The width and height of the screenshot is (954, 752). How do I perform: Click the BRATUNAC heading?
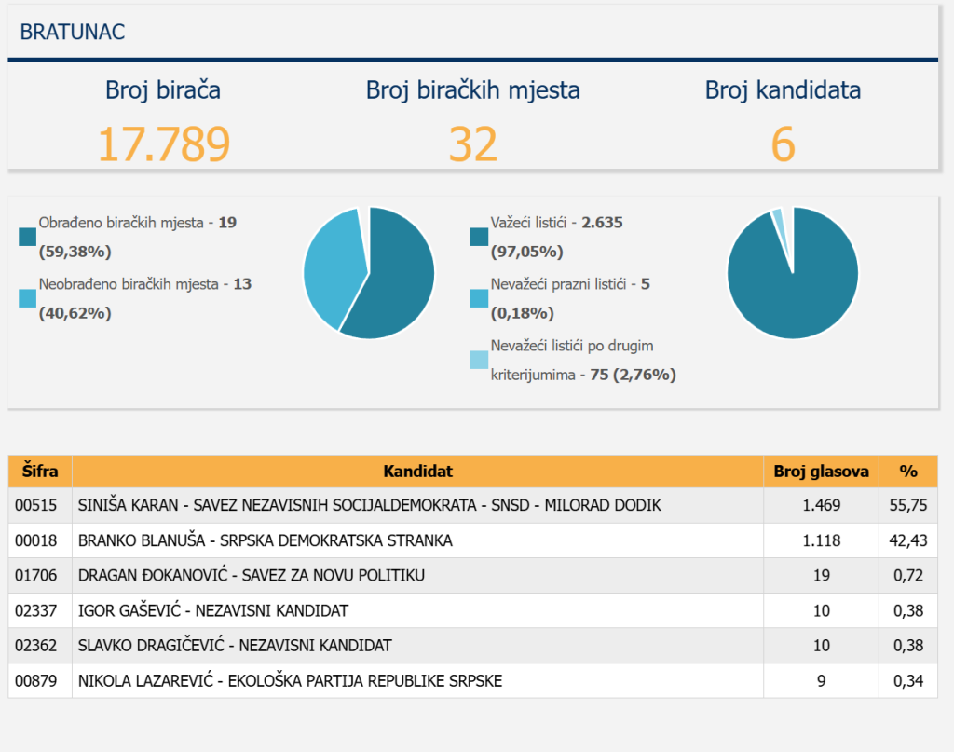(73, 33)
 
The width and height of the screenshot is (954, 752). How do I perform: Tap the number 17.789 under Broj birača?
(163, 144)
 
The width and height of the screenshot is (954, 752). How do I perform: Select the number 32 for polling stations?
(472, 144)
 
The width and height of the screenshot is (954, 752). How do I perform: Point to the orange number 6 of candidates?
(783, 144)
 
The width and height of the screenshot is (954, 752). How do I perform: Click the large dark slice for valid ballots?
(792, 289)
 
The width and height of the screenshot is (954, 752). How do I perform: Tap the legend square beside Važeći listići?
(479, 238)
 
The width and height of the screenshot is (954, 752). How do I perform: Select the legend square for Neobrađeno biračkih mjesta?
(27, 298)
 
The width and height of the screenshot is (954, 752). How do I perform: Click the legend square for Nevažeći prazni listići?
(479, 298)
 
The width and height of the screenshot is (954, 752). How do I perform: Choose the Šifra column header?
(40, 472)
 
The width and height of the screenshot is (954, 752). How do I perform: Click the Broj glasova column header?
(821, 472)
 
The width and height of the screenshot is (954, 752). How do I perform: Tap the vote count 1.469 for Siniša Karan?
(821, 505)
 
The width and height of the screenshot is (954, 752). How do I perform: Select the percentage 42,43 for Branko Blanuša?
(908, 540)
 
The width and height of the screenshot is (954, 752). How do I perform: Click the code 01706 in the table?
(36, 576)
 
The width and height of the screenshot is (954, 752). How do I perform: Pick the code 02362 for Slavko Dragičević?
(36, 646)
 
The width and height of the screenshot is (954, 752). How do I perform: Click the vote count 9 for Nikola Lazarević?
(821, 681)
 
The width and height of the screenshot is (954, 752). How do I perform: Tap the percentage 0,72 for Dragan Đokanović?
(908, 576)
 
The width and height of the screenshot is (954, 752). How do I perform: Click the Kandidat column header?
(417, 472)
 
